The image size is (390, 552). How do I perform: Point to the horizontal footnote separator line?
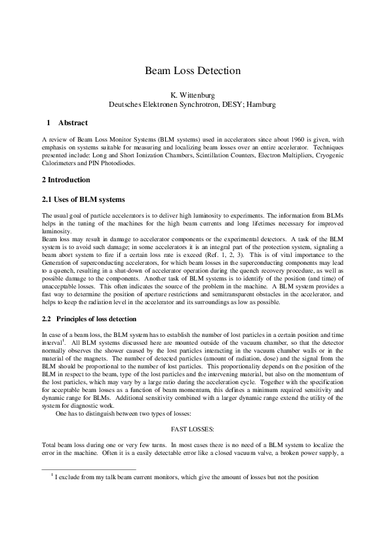click(88, 469)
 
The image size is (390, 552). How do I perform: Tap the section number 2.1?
click(46, 199)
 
